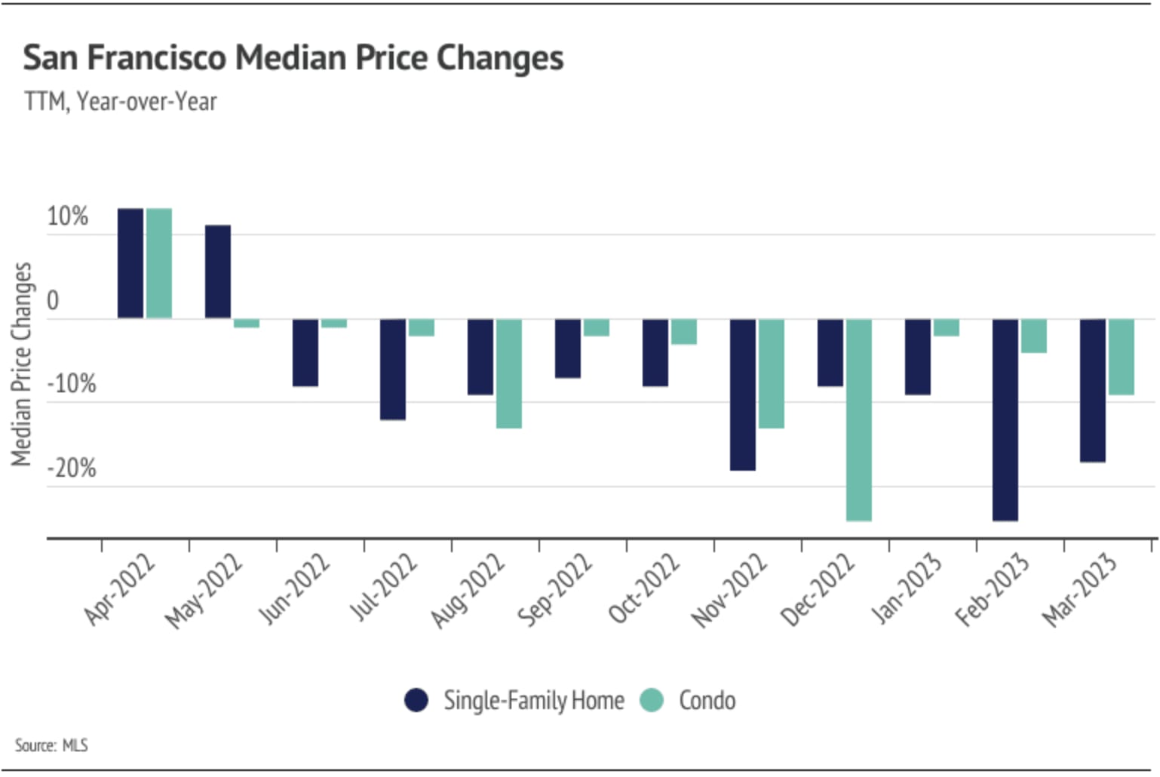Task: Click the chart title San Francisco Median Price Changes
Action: tap(293, 58)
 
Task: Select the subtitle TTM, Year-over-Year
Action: tap(121, 101)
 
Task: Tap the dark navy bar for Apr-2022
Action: tap(130, 263)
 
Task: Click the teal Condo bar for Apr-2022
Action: tap(159, 263)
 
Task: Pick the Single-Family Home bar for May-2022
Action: tap(218, 272)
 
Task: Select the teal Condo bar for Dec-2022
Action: tap(859, 419)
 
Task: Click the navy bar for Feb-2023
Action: tap(1005, 419)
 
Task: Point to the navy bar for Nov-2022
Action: tap(743, 395)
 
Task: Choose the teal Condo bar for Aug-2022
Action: tap(509, 373)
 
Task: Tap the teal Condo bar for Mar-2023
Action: tap(1122, 357)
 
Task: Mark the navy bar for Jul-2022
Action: tap(393, 369)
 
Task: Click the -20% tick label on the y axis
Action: tap(72, 468)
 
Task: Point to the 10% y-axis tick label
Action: tap(67, 217)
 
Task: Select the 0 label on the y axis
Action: tap(53, 300)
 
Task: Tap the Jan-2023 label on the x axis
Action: tap(907, 589)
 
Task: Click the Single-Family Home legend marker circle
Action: tap(416, 700)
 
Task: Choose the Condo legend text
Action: tap(707, 700)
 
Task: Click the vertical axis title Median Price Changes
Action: tap(21, 364)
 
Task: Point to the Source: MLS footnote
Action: tap(51, 745)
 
